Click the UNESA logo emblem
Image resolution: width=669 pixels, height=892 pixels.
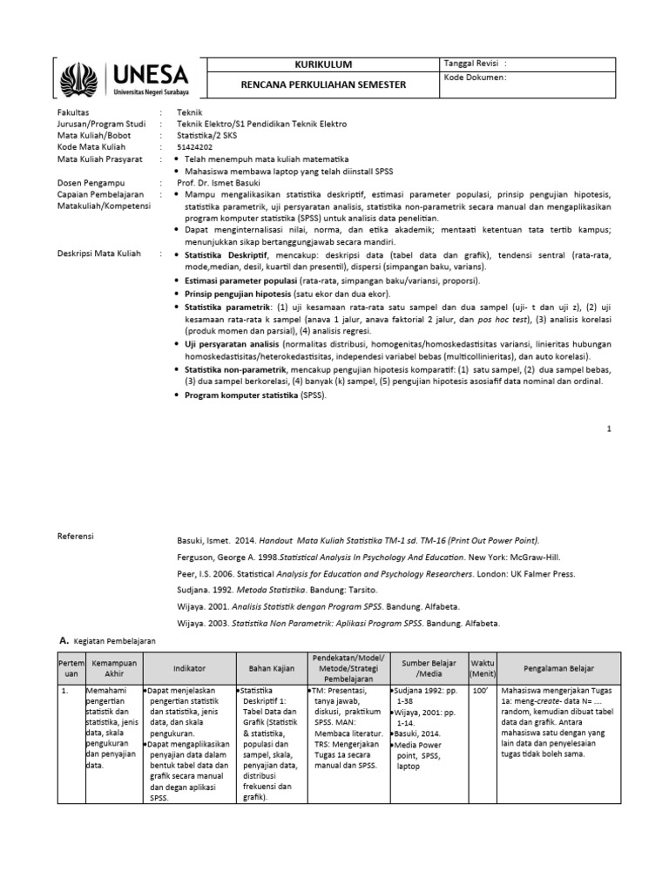(x=82, y=78)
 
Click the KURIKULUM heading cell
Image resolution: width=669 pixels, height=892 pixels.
(x=324, y=64)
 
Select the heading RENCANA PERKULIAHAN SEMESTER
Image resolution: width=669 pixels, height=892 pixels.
(x=324, y=84)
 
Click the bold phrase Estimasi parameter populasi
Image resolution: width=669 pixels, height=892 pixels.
(x=240, y=281)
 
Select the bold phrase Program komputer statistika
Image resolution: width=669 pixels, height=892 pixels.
(x=242, y=395)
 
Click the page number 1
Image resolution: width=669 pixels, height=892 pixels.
(x=610, y=429)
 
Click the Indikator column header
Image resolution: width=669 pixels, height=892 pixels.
(x=189, y=668)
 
